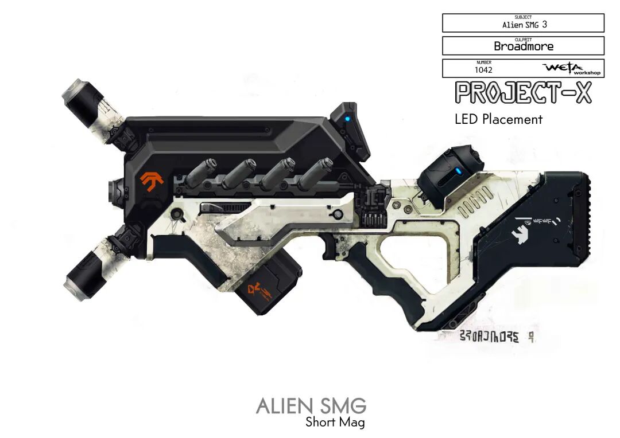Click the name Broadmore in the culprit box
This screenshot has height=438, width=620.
pos(523,46)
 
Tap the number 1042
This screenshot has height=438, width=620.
pos(483,70)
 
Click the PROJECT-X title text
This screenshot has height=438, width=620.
pos(522,92)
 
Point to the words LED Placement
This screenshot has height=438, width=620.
pos(498,119)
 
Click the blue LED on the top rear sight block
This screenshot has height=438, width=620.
pos(347,119)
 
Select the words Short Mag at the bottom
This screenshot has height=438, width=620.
pos(335,423)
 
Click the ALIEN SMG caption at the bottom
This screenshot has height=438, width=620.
pos(311,406)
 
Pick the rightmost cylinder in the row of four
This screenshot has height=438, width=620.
pos(315,171)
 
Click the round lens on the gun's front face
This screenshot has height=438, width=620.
pos(115,187)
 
